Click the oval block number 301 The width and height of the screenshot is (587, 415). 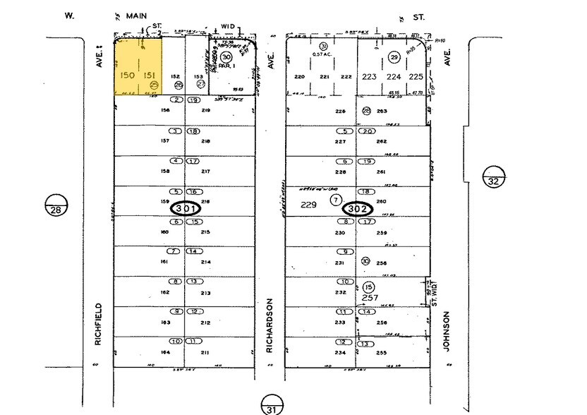coord(186,209)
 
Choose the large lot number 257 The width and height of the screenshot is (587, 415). coord(370,297)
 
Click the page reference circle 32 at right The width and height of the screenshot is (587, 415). coord(493,176)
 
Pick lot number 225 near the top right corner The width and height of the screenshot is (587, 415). coord(416,77)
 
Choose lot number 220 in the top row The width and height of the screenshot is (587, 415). coord(299,77)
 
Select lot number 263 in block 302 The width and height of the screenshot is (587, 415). coord(382,111)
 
